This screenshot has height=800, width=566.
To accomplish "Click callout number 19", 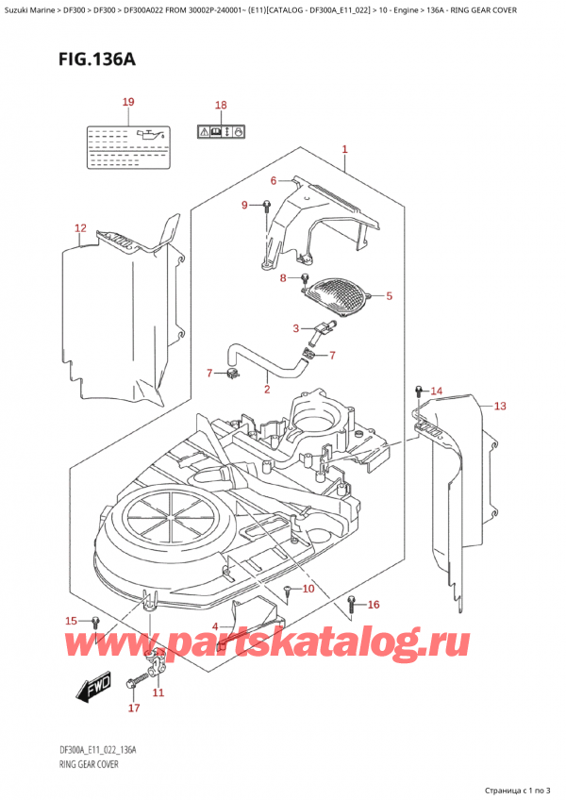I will click(x=128, y=102).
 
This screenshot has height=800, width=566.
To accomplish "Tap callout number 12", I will click(x=80, y=228).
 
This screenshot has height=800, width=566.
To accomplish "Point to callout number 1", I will click(x=345, y=150).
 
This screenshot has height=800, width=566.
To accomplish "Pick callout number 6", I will click(x=274, y=181).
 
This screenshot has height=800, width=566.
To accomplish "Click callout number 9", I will click(x=244, y=205).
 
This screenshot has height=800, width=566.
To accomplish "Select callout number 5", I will click(x=389, y=296).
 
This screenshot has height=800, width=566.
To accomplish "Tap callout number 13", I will click(x=499, y=407).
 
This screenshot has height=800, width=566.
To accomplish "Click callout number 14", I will click(x=436, y=391).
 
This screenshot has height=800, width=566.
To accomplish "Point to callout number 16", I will click(x=373, y=605).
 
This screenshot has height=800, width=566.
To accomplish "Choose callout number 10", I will click(x=308, y=590).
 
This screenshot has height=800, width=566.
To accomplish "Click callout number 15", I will click(x=71, y=620).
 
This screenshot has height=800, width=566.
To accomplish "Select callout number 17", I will click(x=133, y=708).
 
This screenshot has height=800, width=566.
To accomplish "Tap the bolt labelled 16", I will click(x=352, y=604).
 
